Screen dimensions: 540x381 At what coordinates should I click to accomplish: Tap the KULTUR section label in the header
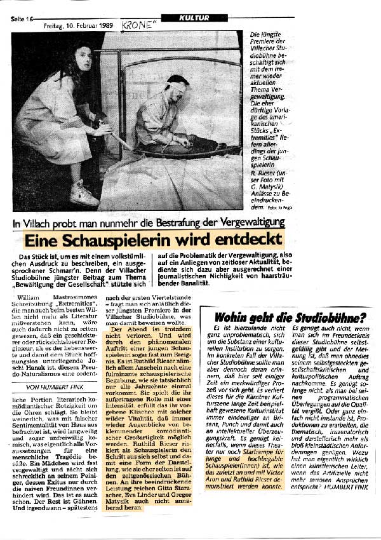click(194, 18)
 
